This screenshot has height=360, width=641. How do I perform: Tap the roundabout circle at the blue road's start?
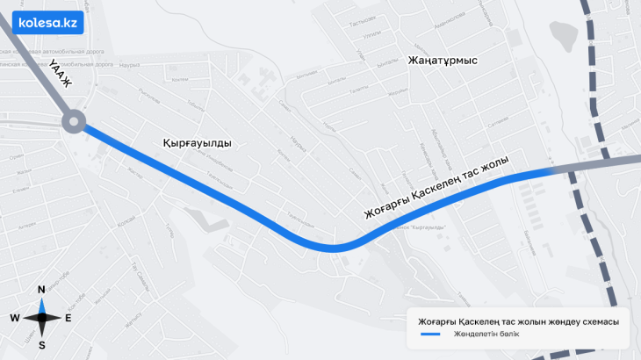[74, 122]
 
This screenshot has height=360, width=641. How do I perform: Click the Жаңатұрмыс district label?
[442, 61]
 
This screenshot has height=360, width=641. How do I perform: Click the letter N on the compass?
[41, 290]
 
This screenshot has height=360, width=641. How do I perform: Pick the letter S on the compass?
[41, 345]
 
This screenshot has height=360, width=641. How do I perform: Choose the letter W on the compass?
[15, 318]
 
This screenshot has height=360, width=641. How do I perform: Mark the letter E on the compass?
[68, 318]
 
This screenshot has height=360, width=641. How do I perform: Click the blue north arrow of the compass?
[41, 305]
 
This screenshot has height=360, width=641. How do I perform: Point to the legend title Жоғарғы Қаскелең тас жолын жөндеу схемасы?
[518, 321]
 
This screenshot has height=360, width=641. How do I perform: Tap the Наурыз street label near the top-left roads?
[130, 66]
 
